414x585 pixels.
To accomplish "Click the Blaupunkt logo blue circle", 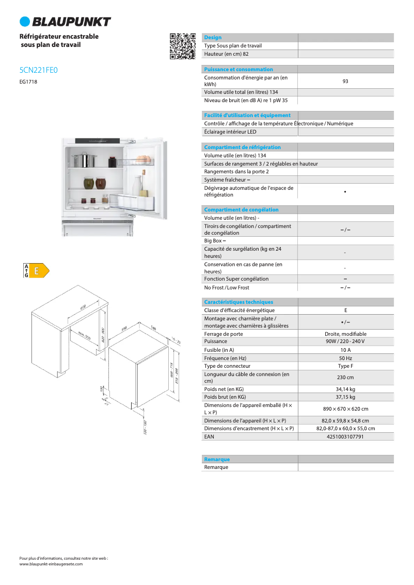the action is pyautogui.click(x=25, y=22).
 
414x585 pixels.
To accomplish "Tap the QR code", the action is pyautogui.click(x=183, y=46).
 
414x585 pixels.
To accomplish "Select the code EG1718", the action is pyautogui.click(x=28, y=82).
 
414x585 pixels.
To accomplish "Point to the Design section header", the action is pyautogui.click(x=213, y=38).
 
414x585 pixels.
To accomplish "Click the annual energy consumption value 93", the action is pyautogui.click(x=345, y=81).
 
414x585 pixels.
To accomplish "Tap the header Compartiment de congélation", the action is pyautogui.click(x=241, y=210).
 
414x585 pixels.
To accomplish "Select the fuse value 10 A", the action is pyautogui.click(x=345, y=350).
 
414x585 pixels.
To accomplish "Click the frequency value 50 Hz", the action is pyautogui.click(x=345, y=358).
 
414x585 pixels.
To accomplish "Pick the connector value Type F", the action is pyautogui.click(x=345, y=366).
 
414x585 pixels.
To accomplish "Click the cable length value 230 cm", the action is pyautogui.click(x=345, y=378).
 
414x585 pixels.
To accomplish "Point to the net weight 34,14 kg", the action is pyautogui.click(x=345, y=389).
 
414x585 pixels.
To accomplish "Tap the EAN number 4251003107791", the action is pyautogui.click(x=345, y=436).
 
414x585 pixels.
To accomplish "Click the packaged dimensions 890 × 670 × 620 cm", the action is pyautogui.click(x=345, y=409).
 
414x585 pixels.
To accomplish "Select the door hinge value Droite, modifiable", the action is pyautogui.click(x=345, y=334).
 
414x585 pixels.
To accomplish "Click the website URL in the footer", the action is pyautogui.click(x=51, y=564).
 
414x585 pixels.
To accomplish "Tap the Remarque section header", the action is pyautogui.click(x=217, y=459).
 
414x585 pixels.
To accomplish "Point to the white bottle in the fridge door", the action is pyautogui.click(x=137, y=186).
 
